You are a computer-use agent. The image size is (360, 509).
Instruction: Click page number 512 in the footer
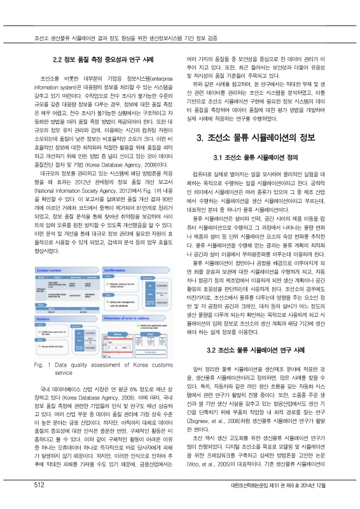(25, 503)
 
